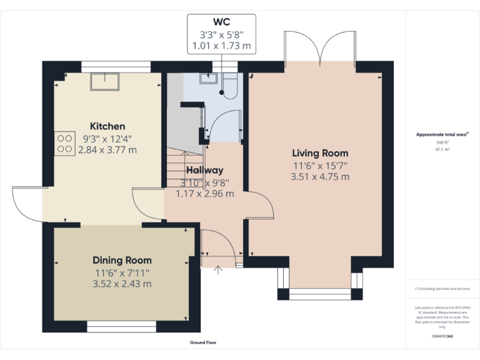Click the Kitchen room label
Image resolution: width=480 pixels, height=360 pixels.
(x=107, y=126)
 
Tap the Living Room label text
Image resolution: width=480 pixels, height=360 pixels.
(x=320, y=153)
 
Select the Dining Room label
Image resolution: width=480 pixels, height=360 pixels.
(x=122, y=260)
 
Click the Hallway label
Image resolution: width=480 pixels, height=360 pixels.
(x=204, y=170)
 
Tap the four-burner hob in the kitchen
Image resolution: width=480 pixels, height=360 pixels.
(x=63, y=144)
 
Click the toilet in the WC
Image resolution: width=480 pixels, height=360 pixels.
(x=229, y=87)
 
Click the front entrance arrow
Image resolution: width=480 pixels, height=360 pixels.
(x=218, y=270)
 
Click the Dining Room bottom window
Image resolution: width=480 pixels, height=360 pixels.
(x=121, y=326)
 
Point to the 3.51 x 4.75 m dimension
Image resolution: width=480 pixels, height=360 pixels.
(x=320, y=177)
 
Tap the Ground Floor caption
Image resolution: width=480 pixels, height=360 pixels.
(x=203, y=342)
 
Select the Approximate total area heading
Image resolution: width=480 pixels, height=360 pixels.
(x=442, y=134)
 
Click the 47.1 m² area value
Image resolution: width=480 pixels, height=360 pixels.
(x=442, y=150)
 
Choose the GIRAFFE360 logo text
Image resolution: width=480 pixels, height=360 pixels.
(x=442, y=336)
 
